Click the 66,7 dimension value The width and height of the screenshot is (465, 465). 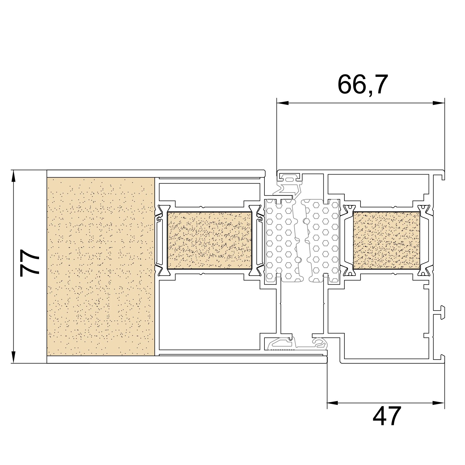pos(362,84)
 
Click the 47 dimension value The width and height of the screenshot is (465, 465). pos(387,416)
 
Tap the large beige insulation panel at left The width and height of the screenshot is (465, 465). pos(101,267)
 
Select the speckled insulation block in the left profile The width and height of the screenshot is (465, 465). pos(210,240)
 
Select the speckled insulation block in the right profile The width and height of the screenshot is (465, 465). pos(387,240)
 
